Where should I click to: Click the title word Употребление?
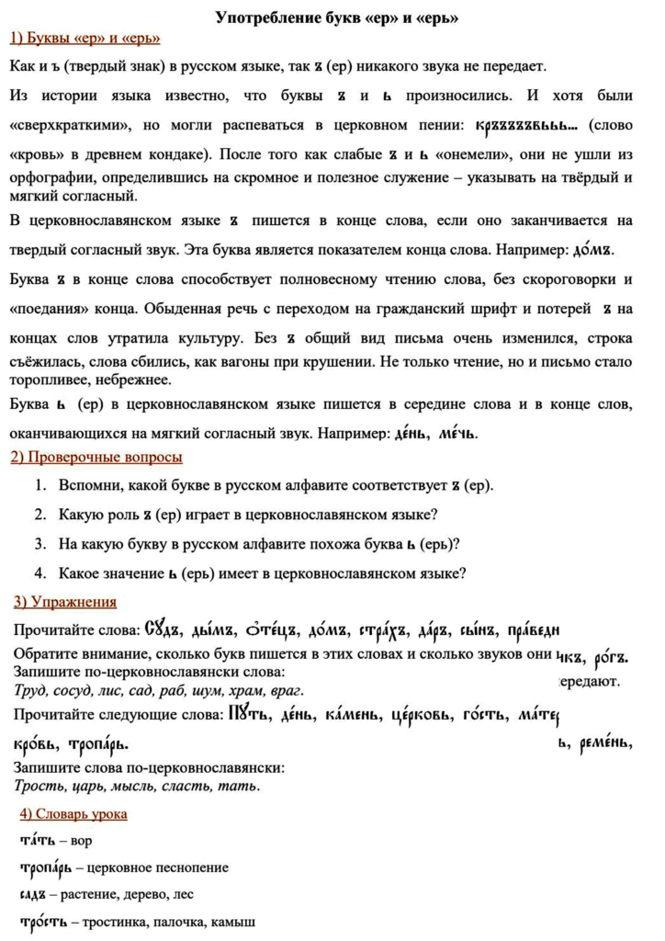click(261, 17)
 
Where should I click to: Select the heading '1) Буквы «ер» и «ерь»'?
click(85, 39)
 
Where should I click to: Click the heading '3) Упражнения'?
click(65, 603)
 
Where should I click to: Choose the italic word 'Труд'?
click(29, 691)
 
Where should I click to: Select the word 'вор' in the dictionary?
click(82, 841)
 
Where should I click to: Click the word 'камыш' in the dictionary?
click(233, 922)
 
